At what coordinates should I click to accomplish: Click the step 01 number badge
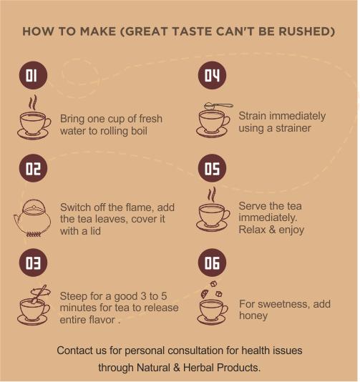click(x=33, y=75)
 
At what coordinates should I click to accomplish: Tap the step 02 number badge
click(x=33, y=168)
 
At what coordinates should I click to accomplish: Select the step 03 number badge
click(x=33, y=263)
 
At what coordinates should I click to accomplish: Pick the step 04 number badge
click(x=212, y=75)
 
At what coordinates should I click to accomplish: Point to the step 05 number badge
click(x=212, y=168)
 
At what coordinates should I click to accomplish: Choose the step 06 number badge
click(x=212, y=263)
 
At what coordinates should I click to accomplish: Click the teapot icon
click(x=32, y=218)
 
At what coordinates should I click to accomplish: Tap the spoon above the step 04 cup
click(x=218, y=106)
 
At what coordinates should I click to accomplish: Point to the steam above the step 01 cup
click(x=33, y=102)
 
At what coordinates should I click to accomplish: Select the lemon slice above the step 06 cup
click(x=204, y=294)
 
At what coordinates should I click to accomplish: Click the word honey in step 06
click(x=253, y=315)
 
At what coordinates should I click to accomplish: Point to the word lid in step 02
click(x=95, y=231)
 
